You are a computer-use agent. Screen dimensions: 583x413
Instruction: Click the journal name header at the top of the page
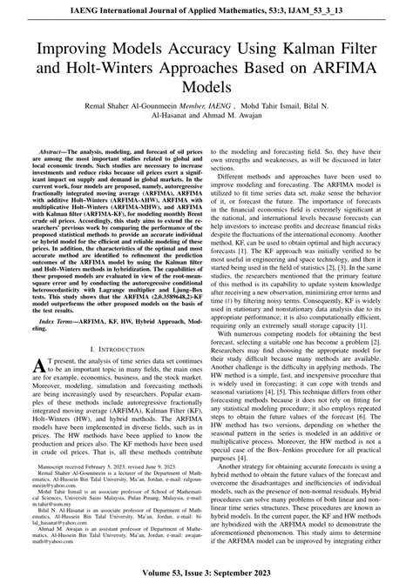tap(206, 10)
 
